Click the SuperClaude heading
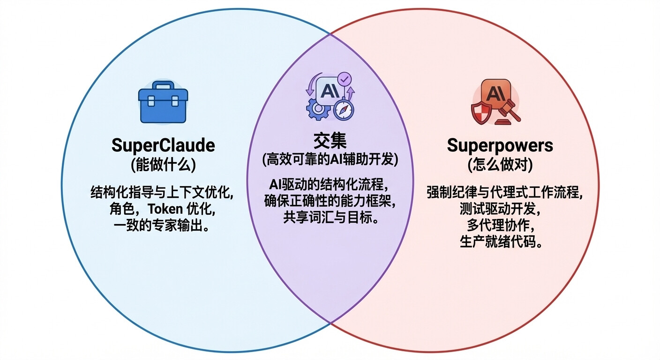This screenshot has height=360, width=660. (163, 145)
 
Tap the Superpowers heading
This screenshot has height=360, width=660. (500, 145)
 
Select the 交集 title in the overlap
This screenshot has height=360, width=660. (330, 141)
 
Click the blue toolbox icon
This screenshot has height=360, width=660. (163, 102)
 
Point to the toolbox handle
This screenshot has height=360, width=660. (163, 85)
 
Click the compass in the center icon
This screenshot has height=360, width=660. (344, 111)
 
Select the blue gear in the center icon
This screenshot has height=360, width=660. (318, 109)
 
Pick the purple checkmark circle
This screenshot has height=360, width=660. (344, 79)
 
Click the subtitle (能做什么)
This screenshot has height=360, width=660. (163, 165)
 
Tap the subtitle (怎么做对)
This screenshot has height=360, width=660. (500, 165)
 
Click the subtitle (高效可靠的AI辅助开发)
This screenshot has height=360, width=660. (330, 160)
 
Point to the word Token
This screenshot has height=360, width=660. (165, 209)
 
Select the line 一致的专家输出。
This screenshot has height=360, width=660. (161, 225)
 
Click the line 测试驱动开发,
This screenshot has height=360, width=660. (500, 209)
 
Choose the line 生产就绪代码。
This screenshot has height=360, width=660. (501, 242)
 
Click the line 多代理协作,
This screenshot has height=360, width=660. (501, 225)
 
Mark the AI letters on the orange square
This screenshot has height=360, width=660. (496, 94)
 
